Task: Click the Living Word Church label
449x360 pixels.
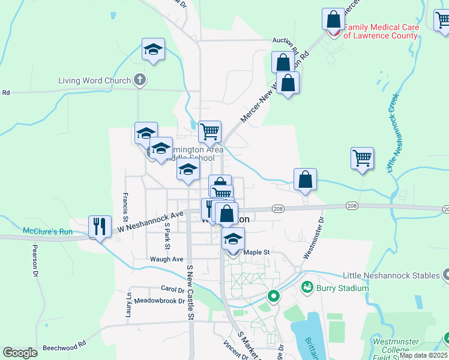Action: point(94,80)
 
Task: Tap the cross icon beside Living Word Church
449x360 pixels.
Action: point(139,79)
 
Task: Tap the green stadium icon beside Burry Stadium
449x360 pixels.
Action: point(307,287)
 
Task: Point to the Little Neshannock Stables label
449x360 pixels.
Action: point(391,276)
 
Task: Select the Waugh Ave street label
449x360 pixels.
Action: point(166,259)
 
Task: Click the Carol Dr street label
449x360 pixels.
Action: point(172,289)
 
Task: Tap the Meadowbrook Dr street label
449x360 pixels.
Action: point(158,301)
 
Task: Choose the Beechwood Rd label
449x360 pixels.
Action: point(64,346)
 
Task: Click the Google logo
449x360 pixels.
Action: point(20,353)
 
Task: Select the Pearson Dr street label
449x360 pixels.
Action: point(35,262)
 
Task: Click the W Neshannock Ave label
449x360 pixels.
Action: point(149,219)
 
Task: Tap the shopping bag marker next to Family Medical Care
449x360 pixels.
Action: point(333,19)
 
